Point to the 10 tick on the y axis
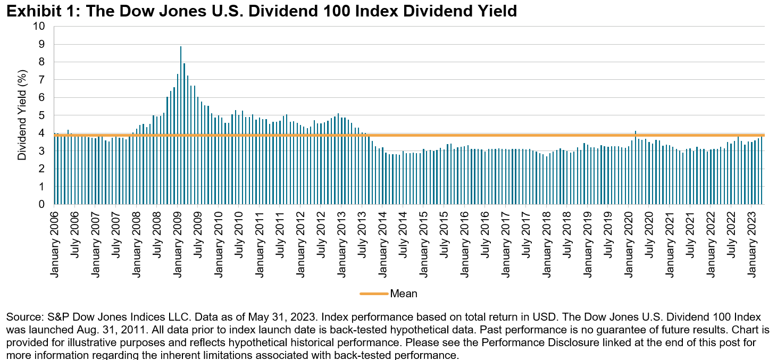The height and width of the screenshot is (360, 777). pyautogui.click(x=41, y=27)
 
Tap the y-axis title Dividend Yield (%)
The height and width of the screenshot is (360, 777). pyautogui.click(x=22, y=115)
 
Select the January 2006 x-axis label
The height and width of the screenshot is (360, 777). pyautogui.click(x=55, y=242)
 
